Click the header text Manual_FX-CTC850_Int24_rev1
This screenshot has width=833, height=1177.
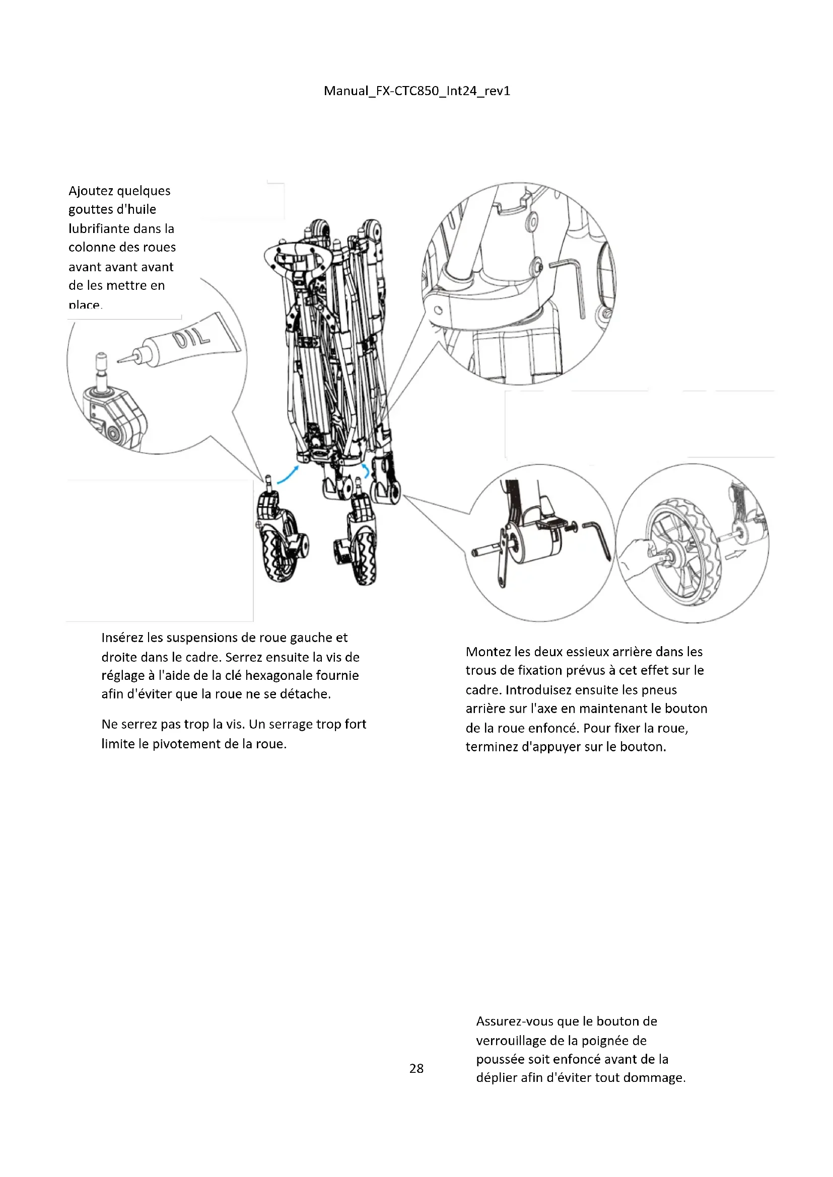click(x=416, y=91)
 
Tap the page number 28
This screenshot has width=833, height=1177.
click(x=416, y=1068)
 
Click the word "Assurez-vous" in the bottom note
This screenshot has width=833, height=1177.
click(x=515, y=1021)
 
